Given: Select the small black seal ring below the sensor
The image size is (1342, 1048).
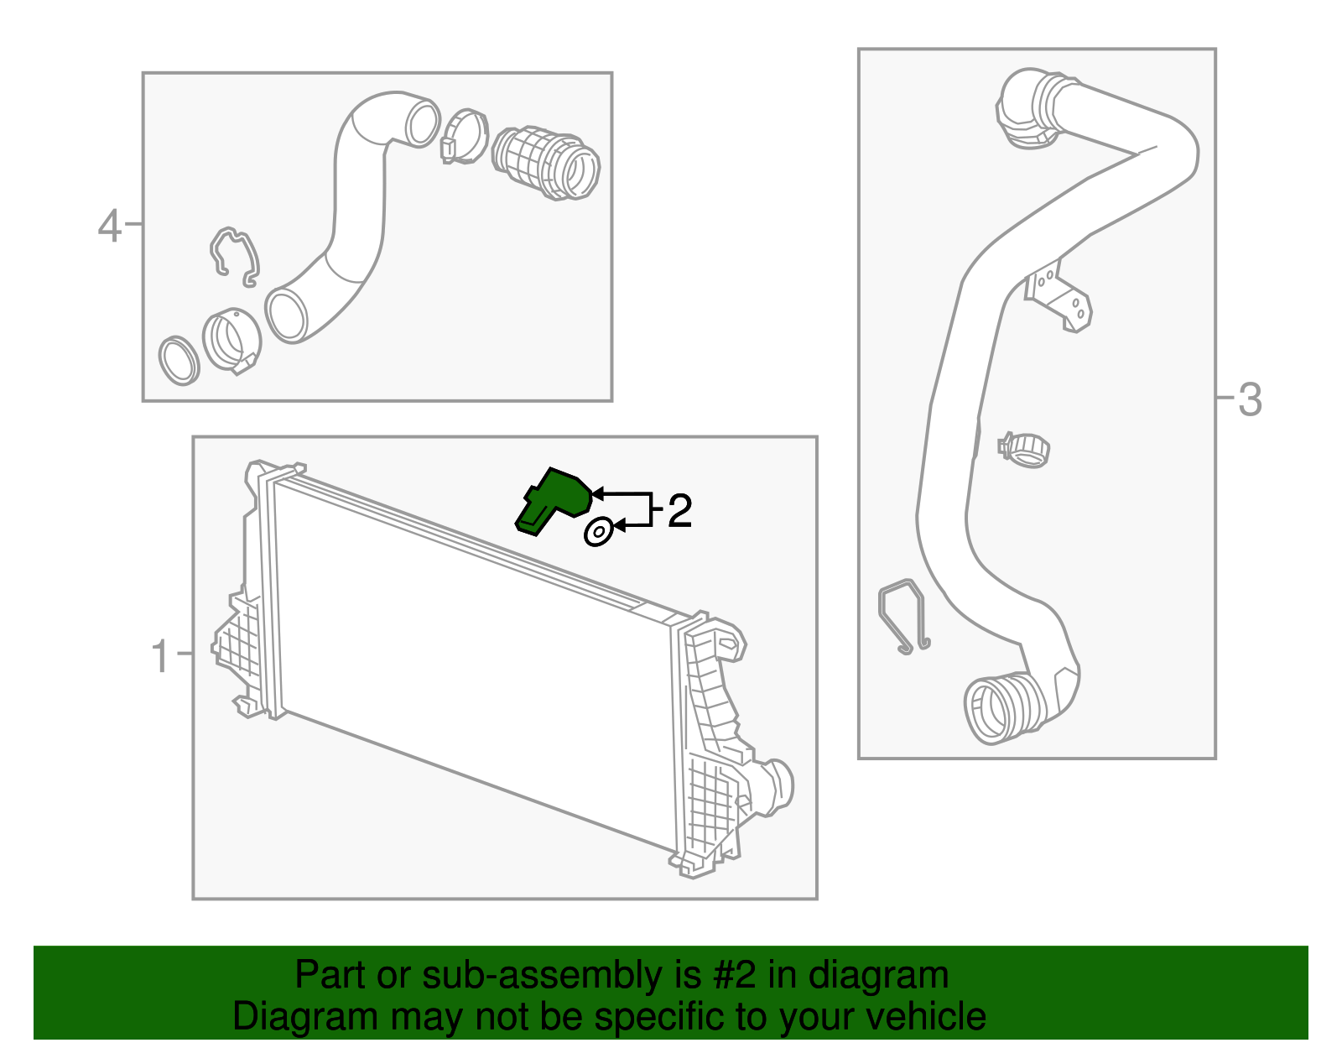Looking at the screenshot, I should [598, 532].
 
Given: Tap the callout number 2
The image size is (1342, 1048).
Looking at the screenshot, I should [679, 511].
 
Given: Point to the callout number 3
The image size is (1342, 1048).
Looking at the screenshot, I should [1250, 399].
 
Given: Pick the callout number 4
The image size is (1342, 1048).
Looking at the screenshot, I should [110, 227].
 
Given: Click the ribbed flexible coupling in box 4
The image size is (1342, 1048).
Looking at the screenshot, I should [547, 164].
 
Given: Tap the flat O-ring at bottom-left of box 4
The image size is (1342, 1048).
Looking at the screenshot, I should [179, 360].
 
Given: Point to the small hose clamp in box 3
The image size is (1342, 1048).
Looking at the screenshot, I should [1024, 449].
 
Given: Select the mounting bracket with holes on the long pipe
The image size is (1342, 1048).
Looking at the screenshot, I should [1061, 298].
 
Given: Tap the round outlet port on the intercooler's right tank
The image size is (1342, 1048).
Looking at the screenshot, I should [778, 785].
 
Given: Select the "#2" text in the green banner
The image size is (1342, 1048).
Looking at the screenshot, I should [735, 976].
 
